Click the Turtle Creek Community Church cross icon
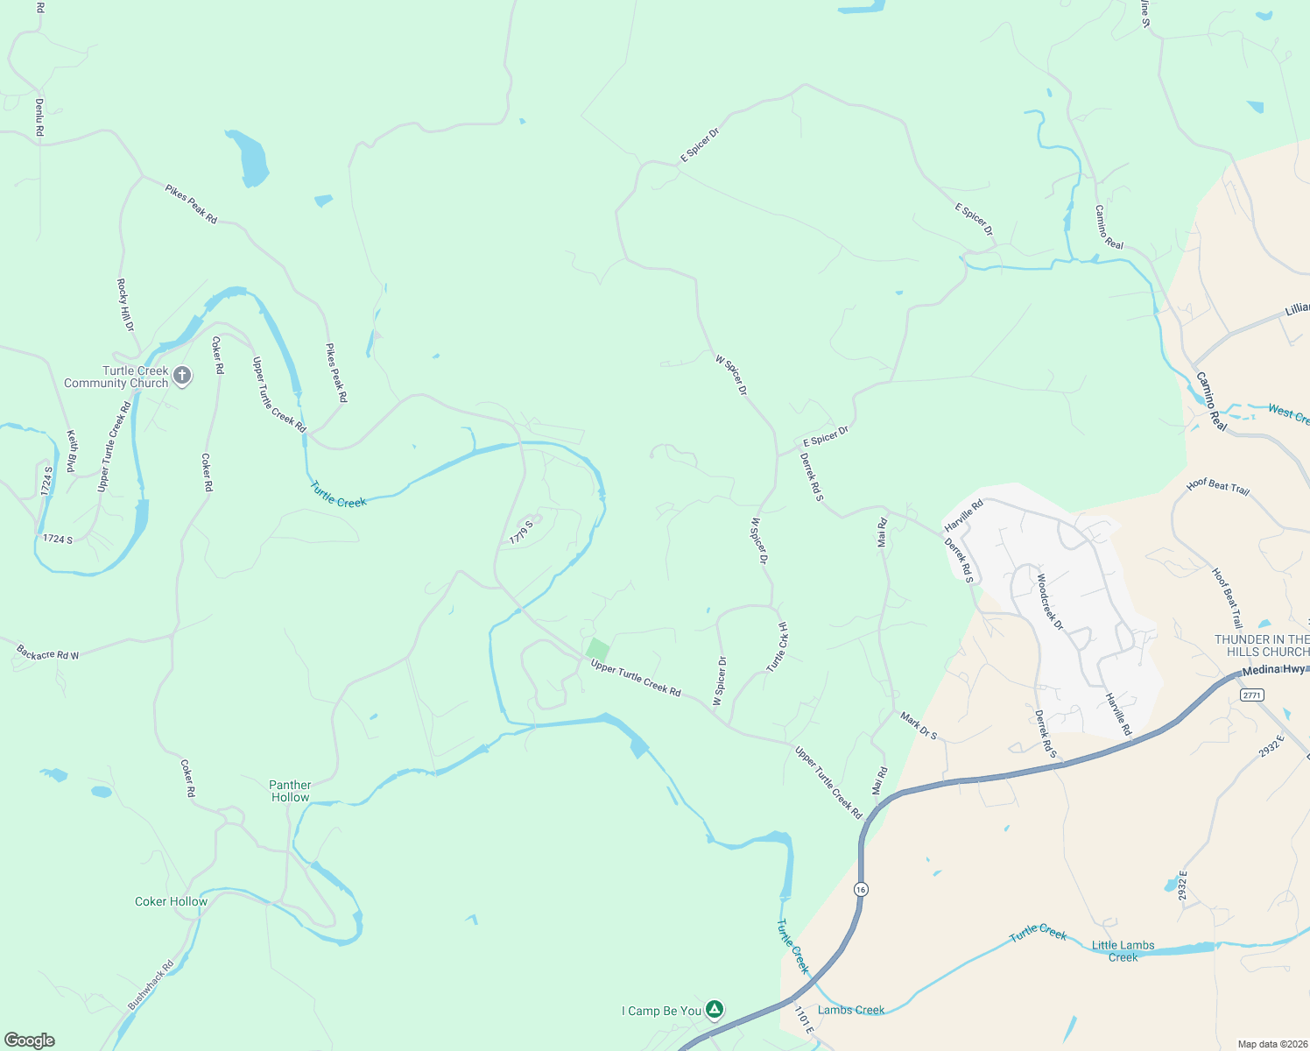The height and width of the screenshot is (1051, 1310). pyautogui.click(x=182, y=377)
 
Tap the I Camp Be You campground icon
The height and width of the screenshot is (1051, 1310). pyautogui.click(x=715, y=1010)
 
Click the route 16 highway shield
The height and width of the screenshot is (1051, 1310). pyautogui.click(x=862, y=889)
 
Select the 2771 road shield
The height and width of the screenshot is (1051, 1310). pyautogui.click(x=1252, y=695)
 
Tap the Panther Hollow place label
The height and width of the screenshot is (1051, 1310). pyautogui.click(x=290, y=791)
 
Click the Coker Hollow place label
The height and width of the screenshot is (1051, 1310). pyautogui.click(x=171, y=901)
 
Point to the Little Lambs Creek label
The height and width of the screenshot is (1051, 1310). pyautogui.click(x=1123, y=951)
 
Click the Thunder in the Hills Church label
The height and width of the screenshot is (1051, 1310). pyautogui.click(x=1261, y=645)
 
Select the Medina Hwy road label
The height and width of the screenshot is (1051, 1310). pyautogui.click(x=1275, y=669)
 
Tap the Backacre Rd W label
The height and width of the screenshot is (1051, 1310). pyautogui.click(x=47, y=653)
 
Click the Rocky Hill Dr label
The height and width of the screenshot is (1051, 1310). pyautogui.click(x=126, y=305)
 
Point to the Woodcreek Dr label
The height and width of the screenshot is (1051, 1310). pyautogui.click(x=1049, y=602)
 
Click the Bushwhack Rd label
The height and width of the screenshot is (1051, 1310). pyautogui.click(x=151, y=985)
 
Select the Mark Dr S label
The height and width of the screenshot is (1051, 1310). pyautogui.click(x=919, y=726)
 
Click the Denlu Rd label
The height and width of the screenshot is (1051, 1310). pyautogui.click(x=39, y=116)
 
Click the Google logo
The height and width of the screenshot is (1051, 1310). pyautogui.click(x=30, y=1040)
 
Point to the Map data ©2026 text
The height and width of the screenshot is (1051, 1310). pyautogui.click(x=1271, y=1044)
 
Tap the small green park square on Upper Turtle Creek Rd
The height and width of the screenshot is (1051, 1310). pyautogui.click(x=598, y=650)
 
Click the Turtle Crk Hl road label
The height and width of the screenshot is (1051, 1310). pyautogui.click(x=778, y=648)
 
